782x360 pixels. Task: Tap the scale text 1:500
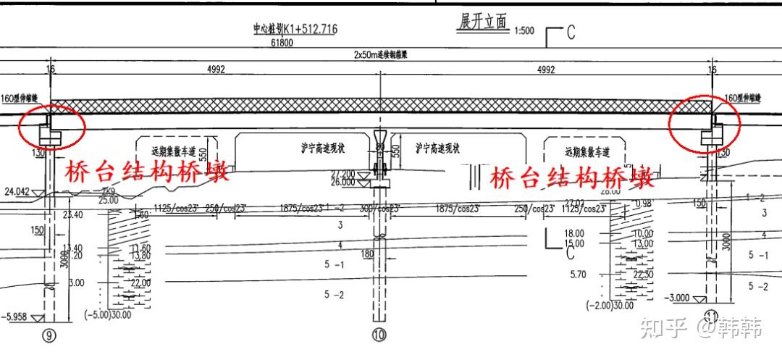pos(524,31)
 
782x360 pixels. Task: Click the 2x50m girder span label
pos(379,54)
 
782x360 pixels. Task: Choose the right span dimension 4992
pos(546,70)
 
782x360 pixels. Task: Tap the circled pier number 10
pos(379,335)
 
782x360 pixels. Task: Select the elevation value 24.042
pos(16,192)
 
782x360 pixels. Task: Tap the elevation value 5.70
pos(577,275)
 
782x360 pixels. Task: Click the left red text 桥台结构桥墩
pos(148,172)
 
